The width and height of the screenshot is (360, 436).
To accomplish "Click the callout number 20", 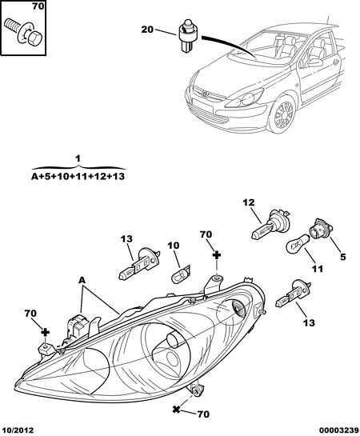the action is click(147, 29).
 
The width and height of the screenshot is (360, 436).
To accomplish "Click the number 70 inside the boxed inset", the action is click(38, 6).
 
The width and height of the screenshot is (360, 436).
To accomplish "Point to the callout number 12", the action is click(249, 202).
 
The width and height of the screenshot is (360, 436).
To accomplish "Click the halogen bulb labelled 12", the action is click(270, 225).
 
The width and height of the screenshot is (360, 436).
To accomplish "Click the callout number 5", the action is click(343, 257).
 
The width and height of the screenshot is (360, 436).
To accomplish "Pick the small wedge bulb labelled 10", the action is click(181, 274).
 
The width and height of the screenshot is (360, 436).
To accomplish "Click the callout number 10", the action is click(173, 246).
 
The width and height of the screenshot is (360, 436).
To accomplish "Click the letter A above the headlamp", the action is click(82, 280).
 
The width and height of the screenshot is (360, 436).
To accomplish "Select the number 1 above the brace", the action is click(78, 158).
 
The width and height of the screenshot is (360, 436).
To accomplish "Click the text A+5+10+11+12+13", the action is click(78, 176).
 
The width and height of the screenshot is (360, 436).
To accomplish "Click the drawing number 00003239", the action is click(339, 430).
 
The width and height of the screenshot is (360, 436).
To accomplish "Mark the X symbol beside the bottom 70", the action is click(176, 409).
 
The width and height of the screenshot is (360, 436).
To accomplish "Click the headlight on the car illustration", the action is click(245, 98).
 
